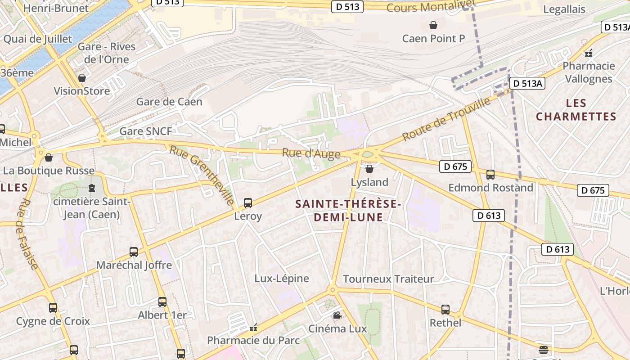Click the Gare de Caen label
[x=169, y=102]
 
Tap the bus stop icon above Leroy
[x=248, y=203]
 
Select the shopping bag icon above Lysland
[x=369, y=169]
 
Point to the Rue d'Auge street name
[x=311, y=153]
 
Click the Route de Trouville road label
[x=446, y=119]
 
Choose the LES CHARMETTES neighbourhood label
[x=576, y=110]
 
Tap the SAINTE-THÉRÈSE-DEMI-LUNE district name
[x=348, y=211]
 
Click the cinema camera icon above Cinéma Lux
[x=337, y=315]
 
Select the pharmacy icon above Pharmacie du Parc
[x=253, y=328]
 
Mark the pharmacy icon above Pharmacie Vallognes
[x=589, y=53]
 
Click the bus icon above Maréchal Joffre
[x=134, y=252]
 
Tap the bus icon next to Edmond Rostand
[x=490, y=174]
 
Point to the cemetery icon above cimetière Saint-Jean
[x=92, y=188]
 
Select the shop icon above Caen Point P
[x=433, y=25]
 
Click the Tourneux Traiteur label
[x=388, y=279]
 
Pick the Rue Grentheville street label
[x=202, y=175]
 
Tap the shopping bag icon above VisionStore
[x=82, y=78]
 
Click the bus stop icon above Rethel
[x=445, y=310]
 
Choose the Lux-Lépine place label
[x=282, y=279]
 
